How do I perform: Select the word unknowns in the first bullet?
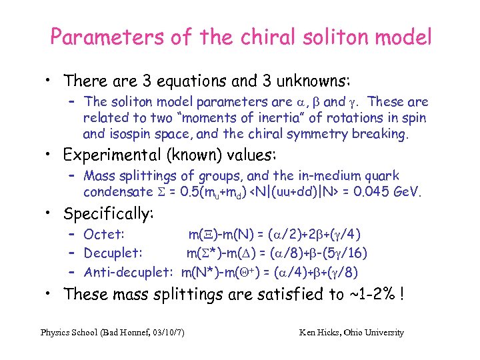click(308, 81)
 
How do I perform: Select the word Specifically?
click(108, 214)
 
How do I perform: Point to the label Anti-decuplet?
click(127, 272)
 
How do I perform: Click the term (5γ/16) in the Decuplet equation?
click(347, 253)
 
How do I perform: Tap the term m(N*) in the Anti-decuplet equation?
click(201, 272)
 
